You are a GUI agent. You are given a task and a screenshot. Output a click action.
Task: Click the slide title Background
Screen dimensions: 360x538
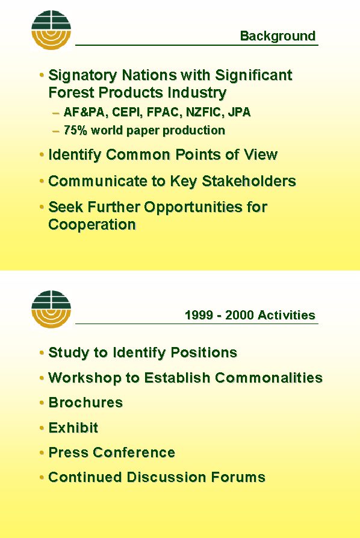[x=278, y=36]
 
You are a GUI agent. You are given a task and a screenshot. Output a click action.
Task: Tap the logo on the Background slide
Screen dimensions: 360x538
[x=51, y=30]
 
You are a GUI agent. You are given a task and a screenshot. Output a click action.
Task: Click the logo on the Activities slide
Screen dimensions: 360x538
[x=51, y=309]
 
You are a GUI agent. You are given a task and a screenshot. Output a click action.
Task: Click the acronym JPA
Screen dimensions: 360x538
[x=240, y=112]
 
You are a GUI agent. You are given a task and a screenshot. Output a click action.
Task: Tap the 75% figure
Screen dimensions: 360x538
[x=75, y=130]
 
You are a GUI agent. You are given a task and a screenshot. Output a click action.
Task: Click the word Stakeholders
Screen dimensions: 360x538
[x=249, y=181]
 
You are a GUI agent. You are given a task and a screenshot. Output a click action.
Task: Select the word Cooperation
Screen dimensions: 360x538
[x=92, y=225]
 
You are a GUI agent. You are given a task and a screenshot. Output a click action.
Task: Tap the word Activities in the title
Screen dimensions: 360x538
[x=287, y=315]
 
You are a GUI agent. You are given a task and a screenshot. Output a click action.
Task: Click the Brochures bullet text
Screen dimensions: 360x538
[x=85, y=402]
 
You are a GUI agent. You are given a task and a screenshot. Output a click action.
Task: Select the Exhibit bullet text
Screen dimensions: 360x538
[x=73, y=428]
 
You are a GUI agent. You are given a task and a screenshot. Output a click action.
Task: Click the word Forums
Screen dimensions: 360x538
[x=238, y=477]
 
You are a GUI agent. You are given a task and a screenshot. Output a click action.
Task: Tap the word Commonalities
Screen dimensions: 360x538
[x=269, y=378]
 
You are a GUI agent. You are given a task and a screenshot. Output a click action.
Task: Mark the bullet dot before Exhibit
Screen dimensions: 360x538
[x=42, y=428]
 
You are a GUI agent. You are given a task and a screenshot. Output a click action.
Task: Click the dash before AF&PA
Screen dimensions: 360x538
[x=56, y=113]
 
